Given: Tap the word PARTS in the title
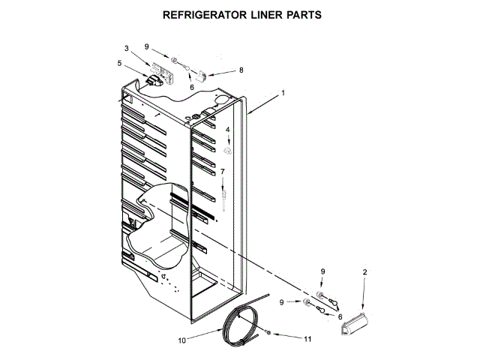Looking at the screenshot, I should (x=309, y=14).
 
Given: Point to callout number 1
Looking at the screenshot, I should (x=283, y=94).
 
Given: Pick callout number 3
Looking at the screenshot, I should (x=127, y=49).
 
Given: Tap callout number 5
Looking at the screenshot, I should (x=119, y=63).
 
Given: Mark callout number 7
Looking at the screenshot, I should (x=222, y=172).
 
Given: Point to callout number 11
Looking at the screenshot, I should (x=308, y=338).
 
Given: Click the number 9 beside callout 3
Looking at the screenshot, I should (x=147, y=46).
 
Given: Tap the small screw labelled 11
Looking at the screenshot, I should (x=268, y=331).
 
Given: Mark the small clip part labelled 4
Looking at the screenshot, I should (x=229, y=151).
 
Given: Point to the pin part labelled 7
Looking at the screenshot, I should (x=223, y=197).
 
